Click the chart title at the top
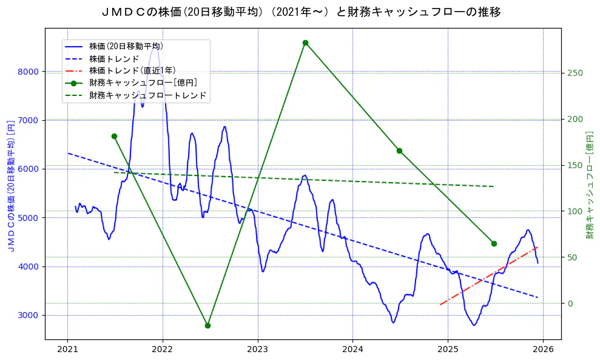coord(300,12)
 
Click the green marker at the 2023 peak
coord(305,42)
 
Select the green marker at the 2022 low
coord(207,325)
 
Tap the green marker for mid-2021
coord(114,136)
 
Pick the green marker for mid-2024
coord(399,151)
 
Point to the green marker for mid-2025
coord(494,243)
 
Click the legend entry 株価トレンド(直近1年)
coord(132,71)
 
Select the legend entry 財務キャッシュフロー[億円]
coord(143,83)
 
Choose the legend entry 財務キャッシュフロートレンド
coord(147,95)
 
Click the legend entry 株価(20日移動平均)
coord(126,46)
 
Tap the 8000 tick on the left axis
coord(28,72)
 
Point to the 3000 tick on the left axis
coord(28,315)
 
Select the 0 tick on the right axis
coord(570,304)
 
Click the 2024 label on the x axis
coord(352,350)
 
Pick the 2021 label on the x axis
coord(67,350)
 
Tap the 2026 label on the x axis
coord(543,350)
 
